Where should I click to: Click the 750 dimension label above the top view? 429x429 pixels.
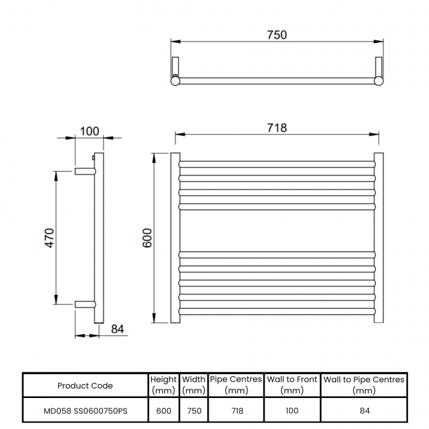pyautogui.click(x=277, y=35)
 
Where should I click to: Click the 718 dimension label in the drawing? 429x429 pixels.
pyautogui.click(x=277, y=128)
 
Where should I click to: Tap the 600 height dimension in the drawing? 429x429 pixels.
pyautogui.click(x=147, y=238)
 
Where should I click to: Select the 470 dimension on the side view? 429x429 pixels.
pyautogui.click(x=49, y=238)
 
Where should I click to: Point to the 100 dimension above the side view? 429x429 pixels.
pyautogui.click(x=90, y=131)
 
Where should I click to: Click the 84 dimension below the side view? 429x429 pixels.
pyautogui.click(x=117, y=329)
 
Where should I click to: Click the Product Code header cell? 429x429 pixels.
pyautogui.click(x=85, y=386)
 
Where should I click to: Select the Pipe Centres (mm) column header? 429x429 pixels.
pyautogui.click(x=236, y=385)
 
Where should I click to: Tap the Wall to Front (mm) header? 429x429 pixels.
pyautogui.click(x=292, y=385)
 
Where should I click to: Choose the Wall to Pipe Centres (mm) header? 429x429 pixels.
pyautogui.click(x=364, y=385)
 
